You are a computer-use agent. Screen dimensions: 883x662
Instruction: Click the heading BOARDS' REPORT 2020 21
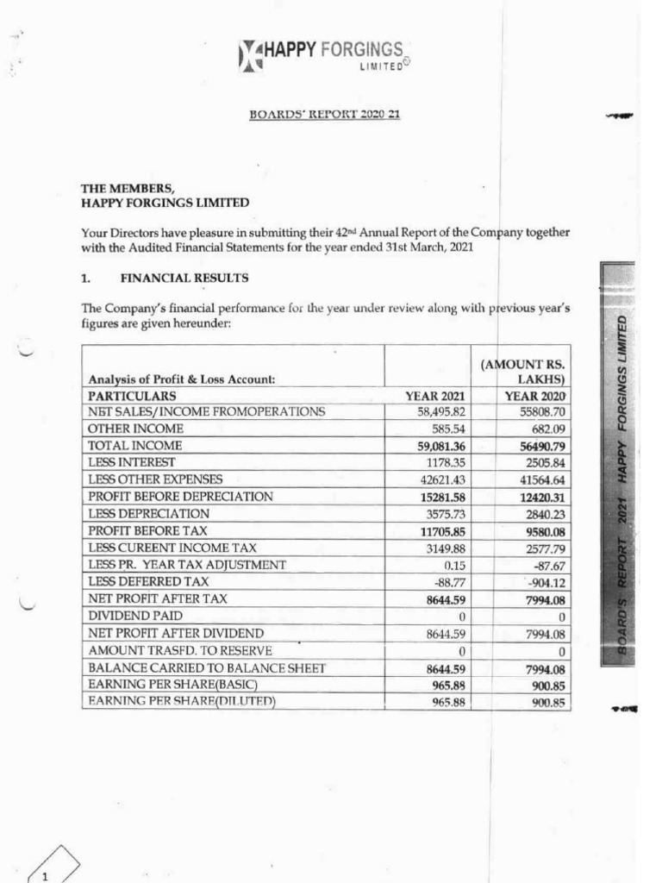click(324, 115)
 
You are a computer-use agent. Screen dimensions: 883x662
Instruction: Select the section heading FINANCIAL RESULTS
click(184, 279)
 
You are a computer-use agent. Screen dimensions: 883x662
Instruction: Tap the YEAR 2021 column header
click(435, 396)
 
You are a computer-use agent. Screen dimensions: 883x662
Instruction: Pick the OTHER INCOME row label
click(135, 429)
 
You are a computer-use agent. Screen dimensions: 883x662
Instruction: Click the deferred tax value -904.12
click(542, 581)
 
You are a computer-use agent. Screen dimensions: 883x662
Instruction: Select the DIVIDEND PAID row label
click(134, 615)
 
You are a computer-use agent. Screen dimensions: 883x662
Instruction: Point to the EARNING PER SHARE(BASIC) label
click(173, 685)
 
